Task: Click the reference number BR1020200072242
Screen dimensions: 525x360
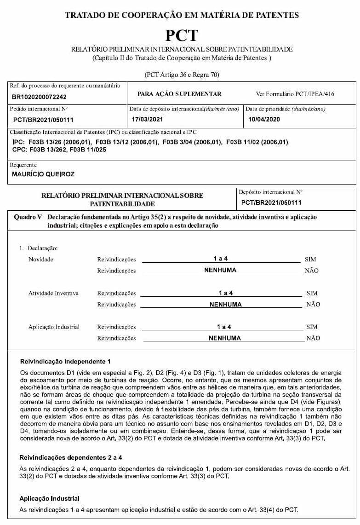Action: click(40, 97)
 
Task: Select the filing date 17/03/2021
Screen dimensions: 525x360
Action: click(148, 119)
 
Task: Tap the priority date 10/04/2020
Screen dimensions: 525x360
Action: click(264, 119)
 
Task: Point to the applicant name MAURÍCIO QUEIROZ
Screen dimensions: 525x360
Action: click(43, 174)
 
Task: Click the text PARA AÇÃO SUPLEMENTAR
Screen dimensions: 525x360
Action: click(179, 94)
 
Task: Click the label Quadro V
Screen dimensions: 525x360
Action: click(29, 217)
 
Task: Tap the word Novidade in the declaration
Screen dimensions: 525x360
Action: click(41, 260)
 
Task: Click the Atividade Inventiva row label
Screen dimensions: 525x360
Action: click(53, 293)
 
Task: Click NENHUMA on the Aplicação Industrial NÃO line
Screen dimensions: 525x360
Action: click(224, 338)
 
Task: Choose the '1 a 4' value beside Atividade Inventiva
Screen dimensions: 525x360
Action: click(226, 293)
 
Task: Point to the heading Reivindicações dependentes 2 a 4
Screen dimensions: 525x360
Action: click(70, 458)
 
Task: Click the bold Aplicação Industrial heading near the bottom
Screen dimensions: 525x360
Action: click(49, 499)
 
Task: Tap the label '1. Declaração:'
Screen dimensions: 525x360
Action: click(38, 248)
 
